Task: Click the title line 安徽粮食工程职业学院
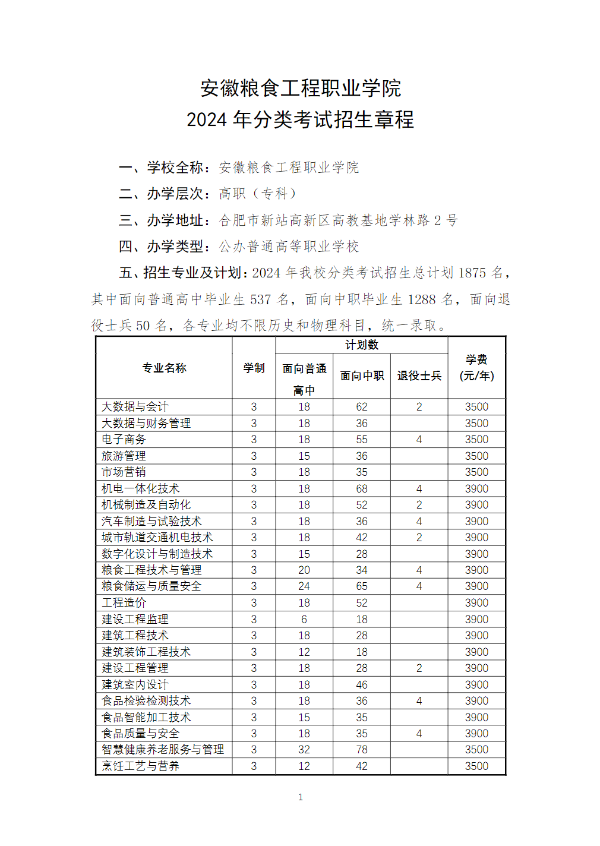coord(300,89)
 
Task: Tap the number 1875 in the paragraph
coord(472,273)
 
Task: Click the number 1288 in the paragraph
coord(422,299)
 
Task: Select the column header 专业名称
coord(164,368)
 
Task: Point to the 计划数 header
coord(361,345)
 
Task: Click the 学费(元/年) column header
coord(476,368)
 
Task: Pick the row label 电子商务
coord(124,440)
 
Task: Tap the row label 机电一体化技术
coord(140,488)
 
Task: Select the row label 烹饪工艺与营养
coord(140,766)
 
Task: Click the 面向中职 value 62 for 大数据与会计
coord(362,407)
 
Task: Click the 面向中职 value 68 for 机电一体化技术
coord(362,488)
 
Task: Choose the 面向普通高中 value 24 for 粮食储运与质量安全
coord(304,586)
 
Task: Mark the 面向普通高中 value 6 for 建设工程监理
coord(304,619)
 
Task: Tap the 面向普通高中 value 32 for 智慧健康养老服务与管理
coord(304,750)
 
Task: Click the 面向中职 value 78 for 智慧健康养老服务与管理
coord(362,750)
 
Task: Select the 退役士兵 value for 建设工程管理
coord(419,668)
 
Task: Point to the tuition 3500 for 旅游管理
coord(476,456)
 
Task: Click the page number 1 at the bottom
coord(301,797)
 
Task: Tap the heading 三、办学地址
coord(164,220)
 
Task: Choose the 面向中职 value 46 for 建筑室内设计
coord(362,684)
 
